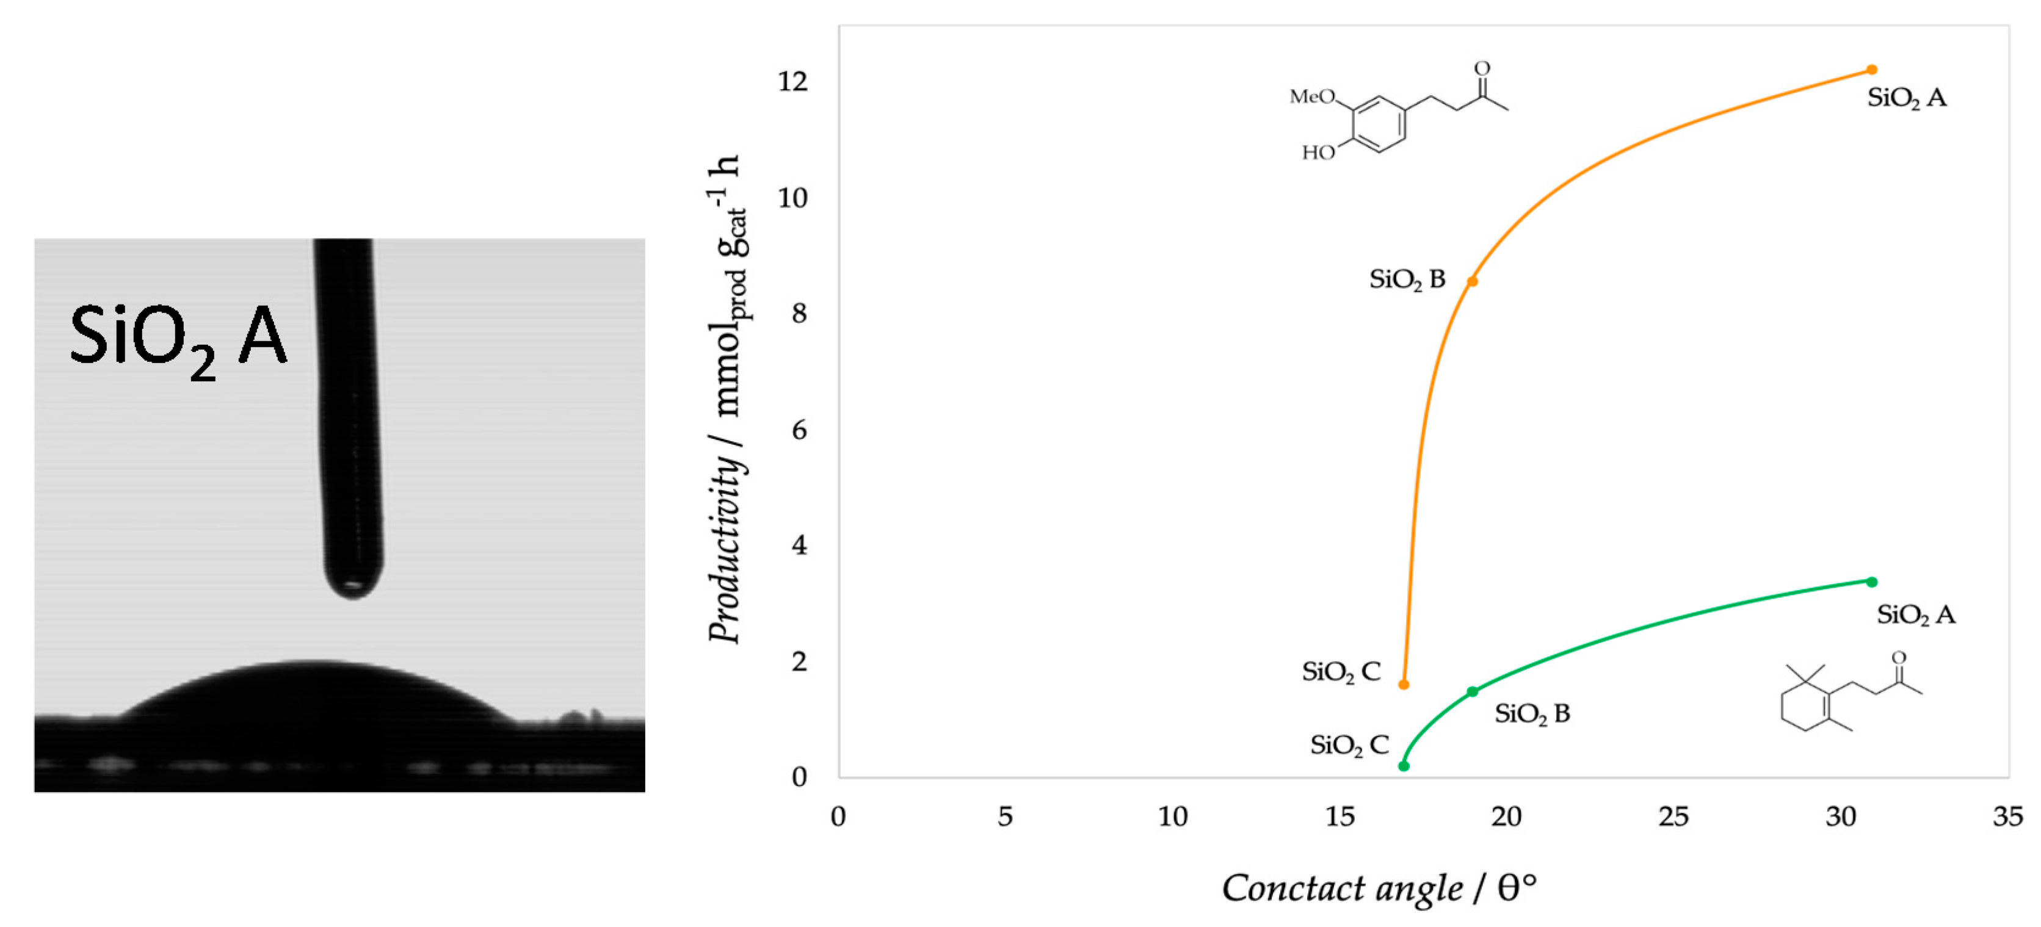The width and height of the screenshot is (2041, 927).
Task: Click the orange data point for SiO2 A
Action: click(x=1871, y=70)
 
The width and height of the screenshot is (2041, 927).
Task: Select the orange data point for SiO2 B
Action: click(x=1472, y=281)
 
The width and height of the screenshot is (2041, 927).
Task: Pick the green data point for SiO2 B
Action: click(x=1472, y=691)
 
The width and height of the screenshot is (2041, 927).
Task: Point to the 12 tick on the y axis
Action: click(x=792, y=82)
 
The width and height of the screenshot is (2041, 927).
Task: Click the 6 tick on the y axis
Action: click(x=799, y=430)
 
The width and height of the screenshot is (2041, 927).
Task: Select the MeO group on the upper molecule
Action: click(x=1311, y=96)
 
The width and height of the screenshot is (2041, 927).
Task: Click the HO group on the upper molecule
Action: click(x=1318, y=152)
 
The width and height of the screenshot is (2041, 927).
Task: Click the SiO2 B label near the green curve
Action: click(x=1532, y=715)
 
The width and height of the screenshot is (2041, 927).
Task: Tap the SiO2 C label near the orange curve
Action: click(x=1341, y=673)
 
